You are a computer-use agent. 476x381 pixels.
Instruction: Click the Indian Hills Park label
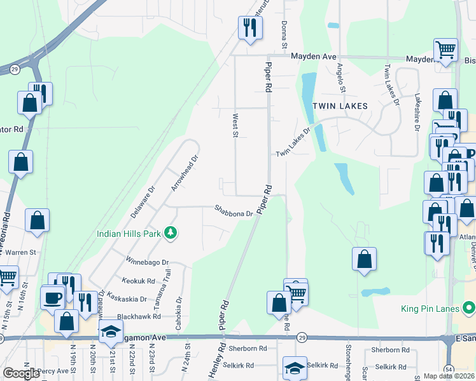tap(129, 233)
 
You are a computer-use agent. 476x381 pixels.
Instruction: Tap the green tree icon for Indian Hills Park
tap(170, 233)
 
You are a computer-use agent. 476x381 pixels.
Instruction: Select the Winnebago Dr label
tap(147, 262)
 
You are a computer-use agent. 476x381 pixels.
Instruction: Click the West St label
tap(235, 126)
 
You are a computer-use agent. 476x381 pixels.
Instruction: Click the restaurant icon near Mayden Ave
tap(249, 27)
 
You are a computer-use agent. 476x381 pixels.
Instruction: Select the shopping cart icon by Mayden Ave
tap(445, 49)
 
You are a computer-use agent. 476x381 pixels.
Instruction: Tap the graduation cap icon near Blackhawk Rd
tap(110, 331)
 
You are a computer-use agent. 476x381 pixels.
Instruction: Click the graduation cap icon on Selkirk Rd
tap(295, 367)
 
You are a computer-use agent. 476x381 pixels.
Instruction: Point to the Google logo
tap(22, 373)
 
